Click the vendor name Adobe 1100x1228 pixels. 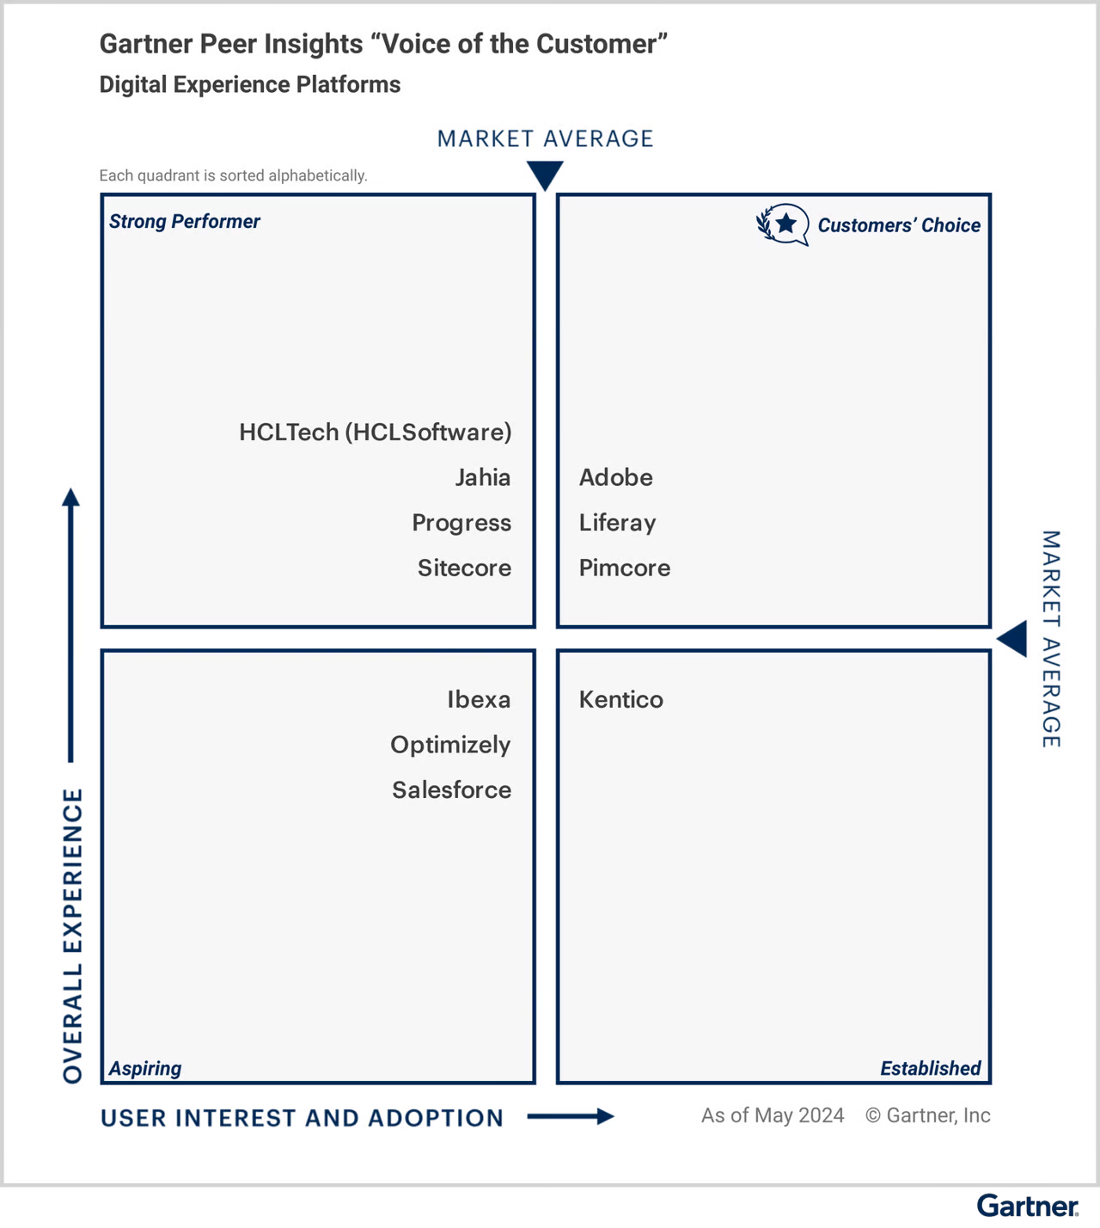point(615,477)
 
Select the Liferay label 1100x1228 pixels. point(617,523)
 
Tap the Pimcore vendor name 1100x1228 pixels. point(624,568)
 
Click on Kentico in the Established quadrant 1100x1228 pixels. point(620,699)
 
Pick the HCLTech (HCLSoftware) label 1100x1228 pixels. point(375,432)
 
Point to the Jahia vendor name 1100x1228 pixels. point(482,477)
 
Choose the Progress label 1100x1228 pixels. point(461,523)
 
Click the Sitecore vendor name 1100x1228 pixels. point(464,568)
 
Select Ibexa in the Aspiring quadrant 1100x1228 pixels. point(478,699)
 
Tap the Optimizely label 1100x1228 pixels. point(449,745)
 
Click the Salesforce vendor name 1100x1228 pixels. point(451,789)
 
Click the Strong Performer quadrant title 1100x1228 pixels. point(184,222)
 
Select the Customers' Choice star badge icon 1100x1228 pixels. point(783,224)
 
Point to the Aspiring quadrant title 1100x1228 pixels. point(144,1068)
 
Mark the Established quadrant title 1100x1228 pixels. point(930,1068)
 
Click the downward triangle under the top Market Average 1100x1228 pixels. point(545,175)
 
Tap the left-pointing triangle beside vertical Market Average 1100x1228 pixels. point(1013,639)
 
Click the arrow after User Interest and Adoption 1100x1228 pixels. point(571,1116)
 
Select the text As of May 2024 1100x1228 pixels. point(772,1115)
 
